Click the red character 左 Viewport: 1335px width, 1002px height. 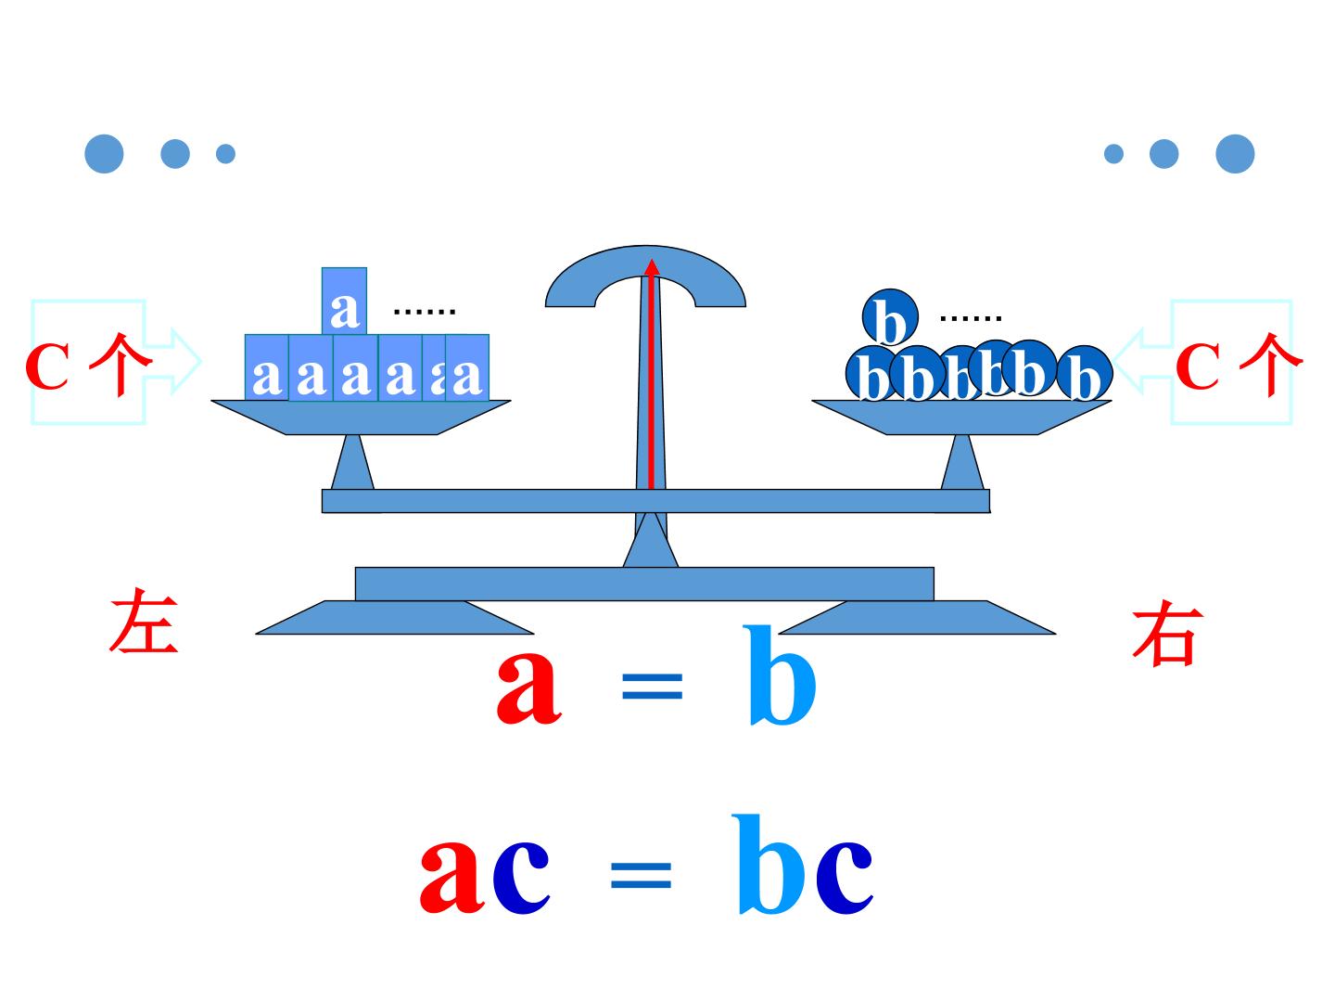(x=144, y=621)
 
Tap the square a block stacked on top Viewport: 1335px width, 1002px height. (x=344, y=301)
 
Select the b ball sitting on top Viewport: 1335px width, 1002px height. (x=890, y=317)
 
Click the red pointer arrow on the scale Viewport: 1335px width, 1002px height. (x=652, y=374)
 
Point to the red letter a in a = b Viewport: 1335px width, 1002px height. (x=528, y=688)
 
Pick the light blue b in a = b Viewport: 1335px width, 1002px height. (x=781, y=675)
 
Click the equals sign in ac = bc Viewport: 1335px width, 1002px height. (x=641, y=876)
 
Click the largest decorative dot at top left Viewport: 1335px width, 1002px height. (x=104, y=153)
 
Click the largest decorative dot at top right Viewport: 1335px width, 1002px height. (x=1235, y=153)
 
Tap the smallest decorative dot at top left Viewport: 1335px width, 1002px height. (x=225, y=153)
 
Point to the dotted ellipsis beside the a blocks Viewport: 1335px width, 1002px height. (x=425, y=312)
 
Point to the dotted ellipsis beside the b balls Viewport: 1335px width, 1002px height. (x=971, y=318)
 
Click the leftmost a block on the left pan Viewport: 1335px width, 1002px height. (x=267, y=367)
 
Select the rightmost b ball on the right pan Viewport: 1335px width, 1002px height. (x=1085, y=373)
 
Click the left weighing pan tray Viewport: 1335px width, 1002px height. (x=362, y=417)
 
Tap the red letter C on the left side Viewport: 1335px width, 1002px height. (x=47, y=366)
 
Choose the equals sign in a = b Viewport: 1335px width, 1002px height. (x=652, y=687)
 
